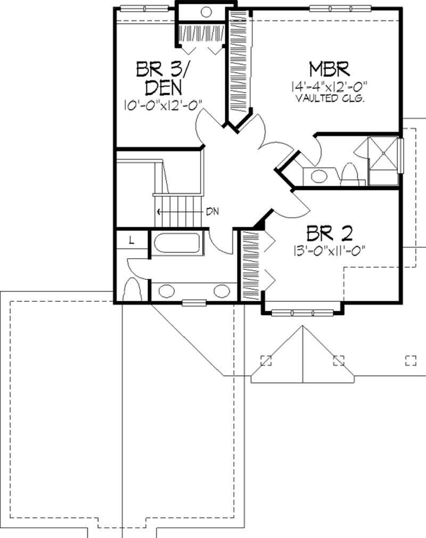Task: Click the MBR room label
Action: (x=329, y=70)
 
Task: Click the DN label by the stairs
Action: (x=212, y=211)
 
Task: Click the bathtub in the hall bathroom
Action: (x=176, y=244)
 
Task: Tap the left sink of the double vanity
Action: (x=167, y=291)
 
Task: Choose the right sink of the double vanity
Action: (x=222, y=291)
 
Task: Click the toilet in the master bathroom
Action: (x=349, y=173)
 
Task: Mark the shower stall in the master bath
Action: (x=383, y=153)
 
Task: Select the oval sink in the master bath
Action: (x=319, y=176)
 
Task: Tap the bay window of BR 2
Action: (x=302, y=312)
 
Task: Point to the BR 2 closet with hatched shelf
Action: (x=250, y=264)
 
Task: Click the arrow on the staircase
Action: (x=159, y=211)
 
